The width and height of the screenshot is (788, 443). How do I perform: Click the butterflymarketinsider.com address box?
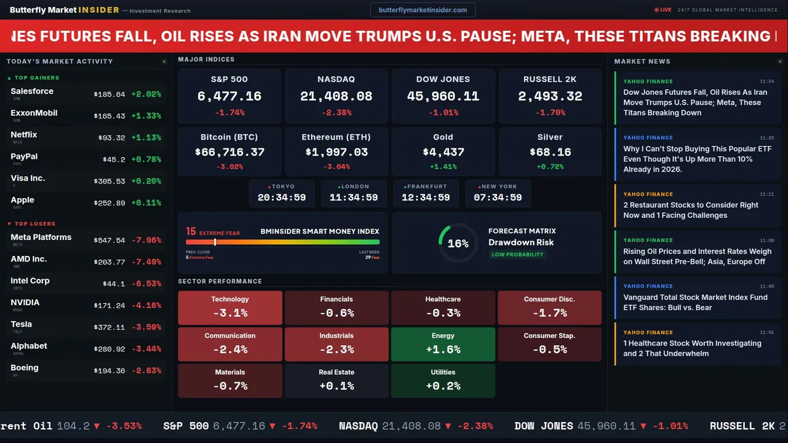[x=423, y=10]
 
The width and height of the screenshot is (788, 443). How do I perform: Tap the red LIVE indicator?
[x=663, y=10]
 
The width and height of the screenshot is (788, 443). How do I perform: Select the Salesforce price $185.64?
[x=110, y=95]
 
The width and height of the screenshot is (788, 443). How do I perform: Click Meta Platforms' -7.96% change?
[x=148, y=241]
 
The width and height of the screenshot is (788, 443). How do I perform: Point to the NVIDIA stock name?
[x=25, y=303]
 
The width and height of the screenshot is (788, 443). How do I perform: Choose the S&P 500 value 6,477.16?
[x=229, y=97]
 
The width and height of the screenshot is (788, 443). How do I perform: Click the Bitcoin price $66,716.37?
[x=229, y=152]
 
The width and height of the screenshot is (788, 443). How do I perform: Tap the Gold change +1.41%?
[x=443, y=167]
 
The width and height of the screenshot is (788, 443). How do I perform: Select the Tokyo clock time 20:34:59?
[x=281, y=198]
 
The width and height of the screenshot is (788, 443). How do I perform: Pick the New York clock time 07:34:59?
[x=497, y=198]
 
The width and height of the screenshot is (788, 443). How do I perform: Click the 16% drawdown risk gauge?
[x=458, y=243]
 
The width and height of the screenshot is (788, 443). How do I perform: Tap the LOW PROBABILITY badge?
[x=517, y=255]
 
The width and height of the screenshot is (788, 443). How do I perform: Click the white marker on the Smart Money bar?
[x=215, y=242]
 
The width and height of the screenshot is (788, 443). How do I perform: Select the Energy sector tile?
[x=443, y=344]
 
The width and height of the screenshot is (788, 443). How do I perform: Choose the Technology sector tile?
[x=230, y=308]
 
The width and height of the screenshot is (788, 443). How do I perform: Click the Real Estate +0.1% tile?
[x=336, y=380]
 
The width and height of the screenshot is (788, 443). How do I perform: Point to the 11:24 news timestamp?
[x=766, y=81]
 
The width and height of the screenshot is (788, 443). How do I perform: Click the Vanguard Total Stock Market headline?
[x=695, y=302]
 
